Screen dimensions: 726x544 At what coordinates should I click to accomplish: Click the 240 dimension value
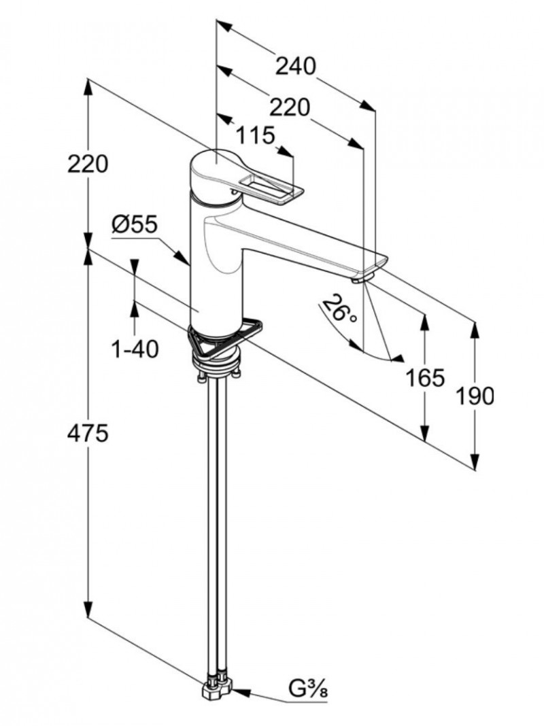point(296,67)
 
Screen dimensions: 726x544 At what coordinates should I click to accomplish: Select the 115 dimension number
point(255,135)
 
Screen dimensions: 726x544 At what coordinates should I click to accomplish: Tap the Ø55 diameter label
point(135,224)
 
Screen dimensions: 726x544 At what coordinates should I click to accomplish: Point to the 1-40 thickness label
point(135,349)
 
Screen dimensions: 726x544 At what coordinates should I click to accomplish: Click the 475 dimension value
point(88,434)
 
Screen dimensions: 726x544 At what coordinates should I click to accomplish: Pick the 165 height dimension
point(425,377)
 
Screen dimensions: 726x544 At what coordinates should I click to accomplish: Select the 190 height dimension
point(475,395)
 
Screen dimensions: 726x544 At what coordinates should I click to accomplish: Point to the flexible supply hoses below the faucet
point(217,517)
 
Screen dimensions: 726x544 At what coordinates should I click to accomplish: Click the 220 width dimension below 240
point(289,107)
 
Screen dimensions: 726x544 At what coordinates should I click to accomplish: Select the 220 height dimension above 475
point(88,164)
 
